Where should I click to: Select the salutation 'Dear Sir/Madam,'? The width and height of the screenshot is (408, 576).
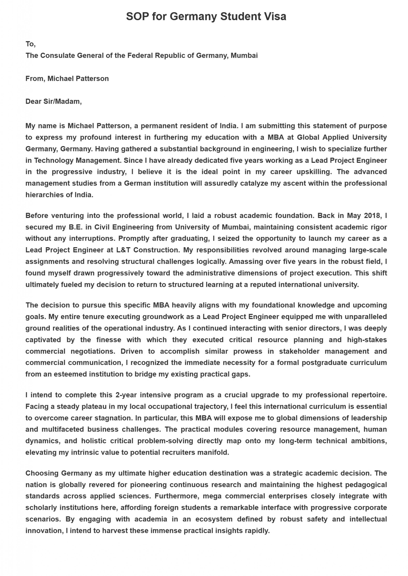click(x=53, y=101)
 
